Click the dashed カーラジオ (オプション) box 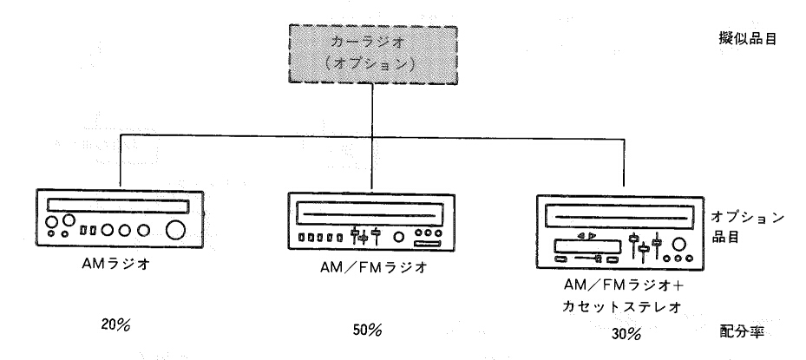click(373, 55)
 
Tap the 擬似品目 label click(747, 39)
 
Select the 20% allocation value click(115, 325)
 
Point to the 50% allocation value click(367, 331)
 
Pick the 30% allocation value click(626, 334)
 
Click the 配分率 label click(742, 331)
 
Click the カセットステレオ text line click(622, 307)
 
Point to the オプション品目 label click(747, 226)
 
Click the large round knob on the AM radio click(175, 230)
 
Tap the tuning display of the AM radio click(118, 206)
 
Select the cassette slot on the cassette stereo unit click(587, 247)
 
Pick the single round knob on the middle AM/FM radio click(398, 237)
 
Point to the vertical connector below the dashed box click(372, 111)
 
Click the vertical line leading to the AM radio click(120, 162)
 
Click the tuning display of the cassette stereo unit click(621, 217)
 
